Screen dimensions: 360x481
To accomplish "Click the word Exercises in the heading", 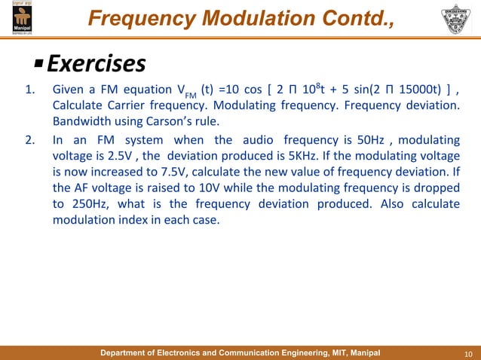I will click(96, 63).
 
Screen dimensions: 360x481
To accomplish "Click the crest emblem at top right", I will click(458, 20).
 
